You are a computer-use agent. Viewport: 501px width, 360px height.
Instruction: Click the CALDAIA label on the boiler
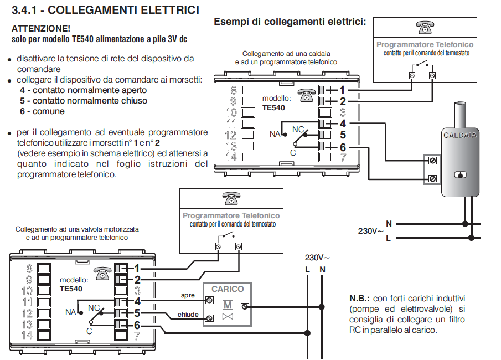(460, 135)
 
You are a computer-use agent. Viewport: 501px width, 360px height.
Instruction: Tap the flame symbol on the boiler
(460, 175)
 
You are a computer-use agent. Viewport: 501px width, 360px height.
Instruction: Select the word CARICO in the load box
(228, 289)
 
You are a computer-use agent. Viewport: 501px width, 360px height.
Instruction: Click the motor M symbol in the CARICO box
(228, 305)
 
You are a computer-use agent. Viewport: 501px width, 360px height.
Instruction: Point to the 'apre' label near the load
(188, 295)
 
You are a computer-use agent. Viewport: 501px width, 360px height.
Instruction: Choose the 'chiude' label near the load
(188, 315)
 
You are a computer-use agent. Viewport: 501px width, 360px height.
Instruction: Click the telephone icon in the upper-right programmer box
(425, 27)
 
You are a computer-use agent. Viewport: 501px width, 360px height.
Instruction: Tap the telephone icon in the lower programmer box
(231, 198)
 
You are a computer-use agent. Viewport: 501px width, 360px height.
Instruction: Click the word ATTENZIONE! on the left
(41, 28)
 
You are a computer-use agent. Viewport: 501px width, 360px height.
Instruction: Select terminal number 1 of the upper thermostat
(342, 90)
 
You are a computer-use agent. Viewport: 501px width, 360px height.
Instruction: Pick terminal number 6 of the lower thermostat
(137, 325)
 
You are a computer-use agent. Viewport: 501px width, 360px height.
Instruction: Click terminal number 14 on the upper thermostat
(231, 157)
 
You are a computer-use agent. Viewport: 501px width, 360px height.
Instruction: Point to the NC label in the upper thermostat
(298, 130)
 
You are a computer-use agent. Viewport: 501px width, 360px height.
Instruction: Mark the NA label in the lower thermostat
(70, 312)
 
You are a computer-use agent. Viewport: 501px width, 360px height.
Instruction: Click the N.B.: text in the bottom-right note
(359, 299)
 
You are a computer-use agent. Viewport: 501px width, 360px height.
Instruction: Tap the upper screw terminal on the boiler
(432, 161)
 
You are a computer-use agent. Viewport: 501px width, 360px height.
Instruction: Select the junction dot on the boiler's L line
(471, 238)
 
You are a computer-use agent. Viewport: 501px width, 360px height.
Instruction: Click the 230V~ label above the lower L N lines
(317, 258)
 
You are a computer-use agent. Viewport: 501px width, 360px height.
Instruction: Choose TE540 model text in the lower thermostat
(71, 289)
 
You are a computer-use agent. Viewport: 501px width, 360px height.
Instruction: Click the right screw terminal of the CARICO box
(245, 307)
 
